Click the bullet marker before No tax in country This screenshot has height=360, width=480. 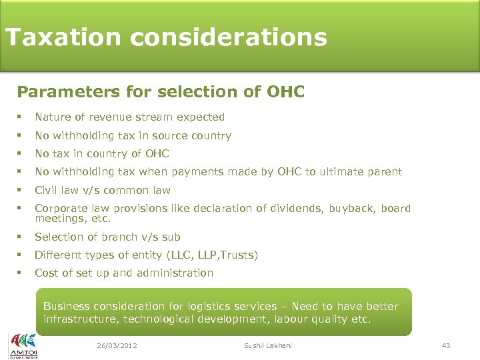click(x=21, y=153)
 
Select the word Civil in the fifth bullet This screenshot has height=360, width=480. click(x=46, y=190)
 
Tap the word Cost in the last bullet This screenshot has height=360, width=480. click(x=46, y=273)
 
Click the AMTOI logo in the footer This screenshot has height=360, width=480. click(x=23, y=345)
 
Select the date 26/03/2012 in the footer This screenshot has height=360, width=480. click(x=117, y=345)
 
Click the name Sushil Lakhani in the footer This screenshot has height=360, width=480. click(x=267, y=345)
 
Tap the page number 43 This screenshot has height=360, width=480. click(x=446, y=345)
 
